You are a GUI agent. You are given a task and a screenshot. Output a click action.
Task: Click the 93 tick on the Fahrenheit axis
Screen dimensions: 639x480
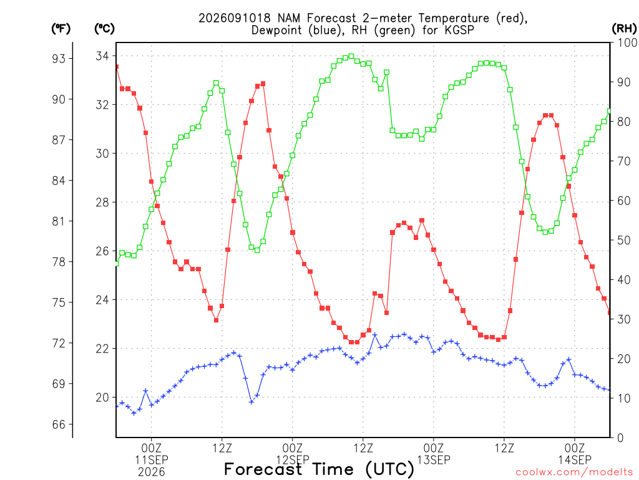coord(58,59)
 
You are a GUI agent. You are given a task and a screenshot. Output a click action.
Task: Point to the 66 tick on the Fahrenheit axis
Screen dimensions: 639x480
coord(58,425)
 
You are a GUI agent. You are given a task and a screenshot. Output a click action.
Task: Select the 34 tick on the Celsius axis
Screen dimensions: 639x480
coord(102,56)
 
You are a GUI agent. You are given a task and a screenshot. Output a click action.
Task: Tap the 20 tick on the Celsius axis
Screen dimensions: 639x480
coord(102,397)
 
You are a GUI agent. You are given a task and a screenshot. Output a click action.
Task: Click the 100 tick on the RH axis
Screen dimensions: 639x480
coord(627,42)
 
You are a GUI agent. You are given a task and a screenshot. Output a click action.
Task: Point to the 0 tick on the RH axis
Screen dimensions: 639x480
coord(620,438)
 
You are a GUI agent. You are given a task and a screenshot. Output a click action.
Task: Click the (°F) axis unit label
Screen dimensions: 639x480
coord(61,29)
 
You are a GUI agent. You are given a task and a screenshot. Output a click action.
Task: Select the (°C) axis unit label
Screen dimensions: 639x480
coord(104,29)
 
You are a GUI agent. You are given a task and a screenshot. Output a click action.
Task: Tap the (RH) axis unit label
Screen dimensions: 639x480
coord(624,29)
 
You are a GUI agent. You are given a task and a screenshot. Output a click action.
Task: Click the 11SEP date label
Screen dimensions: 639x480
coord(152,460)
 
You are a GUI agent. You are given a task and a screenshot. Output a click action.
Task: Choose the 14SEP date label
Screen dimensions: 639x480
coord(575,460)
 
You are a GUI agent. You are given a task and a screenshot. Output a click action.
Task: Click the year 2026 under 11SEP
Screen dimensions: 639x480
coord(152,472)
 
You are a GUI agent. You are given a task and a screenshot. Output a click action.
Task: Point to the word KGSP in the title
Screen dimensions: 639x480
coord(460,30)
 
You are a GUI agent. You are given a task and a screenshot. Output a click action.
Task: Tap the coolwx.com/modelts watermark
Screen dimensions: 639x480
coord(574,472)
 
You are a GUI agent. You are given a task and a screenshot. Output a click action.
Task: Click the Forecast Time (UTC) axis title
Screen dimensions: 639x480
coord(319,469)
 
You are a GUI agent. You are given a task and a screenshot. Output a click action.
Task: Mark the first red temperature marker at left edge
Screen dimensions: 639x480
coord(117,66)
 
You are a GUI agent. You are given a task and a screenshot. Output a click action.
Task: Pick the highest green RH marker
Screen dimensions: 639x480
coord(351,56)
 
